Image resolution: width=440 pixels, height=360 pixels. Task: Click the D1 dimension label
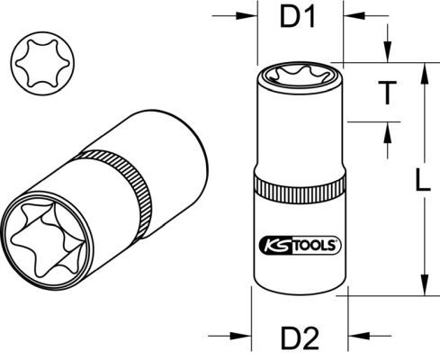[297, 17]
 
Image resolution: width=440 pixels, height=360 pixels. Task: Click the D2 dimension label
[300, 338]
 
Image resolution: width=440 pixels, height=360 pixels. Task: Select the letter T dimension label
[387, 93]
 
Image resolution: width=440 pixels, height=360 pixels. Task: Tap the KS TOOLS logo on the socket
[300, 245]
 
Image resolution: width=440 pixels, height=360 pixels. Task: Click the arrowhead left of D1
[247, 15]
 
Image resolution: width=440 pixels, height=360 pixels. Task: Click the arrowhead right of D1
[355, 15]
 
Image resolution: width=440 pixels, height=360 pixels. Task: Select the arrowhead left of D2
[240, 336]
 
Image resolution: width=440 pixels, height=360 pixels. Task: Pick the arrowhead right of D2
[359, 336]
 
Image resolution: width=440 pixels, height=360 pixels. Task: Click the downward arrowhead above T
[388, 51]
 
